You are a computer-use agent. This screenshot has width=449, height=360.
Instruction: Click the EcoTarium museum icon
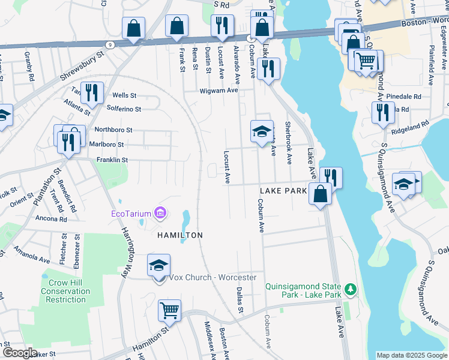(x=160, y=213)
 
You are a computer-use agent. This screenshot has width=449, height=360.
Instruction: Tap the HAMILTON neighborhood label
(x=180, y=235)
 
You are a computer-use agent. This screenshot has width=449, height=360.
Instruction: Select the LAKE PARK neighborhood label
(x=283, y=190)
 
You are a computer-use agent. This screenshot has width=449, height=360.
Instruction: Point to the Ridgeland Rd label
(x=410, y=124)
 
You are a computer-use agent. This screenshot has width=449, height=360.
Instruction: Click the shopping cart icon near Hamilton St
(x=170, y=311)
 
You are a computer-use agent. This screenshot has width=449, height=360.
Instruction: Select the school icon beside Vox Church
(x=158, y=265)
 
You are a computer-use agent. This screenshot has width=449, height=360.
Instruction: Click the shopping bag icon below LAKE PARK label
(x=321, y=194)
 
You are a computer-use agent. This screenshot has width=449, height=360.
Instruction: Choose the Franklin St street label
(x=112, y=160)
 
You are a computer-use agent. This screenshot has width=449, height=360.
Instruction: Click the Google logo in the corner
(x=19, y=353)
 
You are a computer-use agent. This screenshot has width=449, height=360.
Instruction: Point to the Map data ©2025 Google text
(x=412, y=355)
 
